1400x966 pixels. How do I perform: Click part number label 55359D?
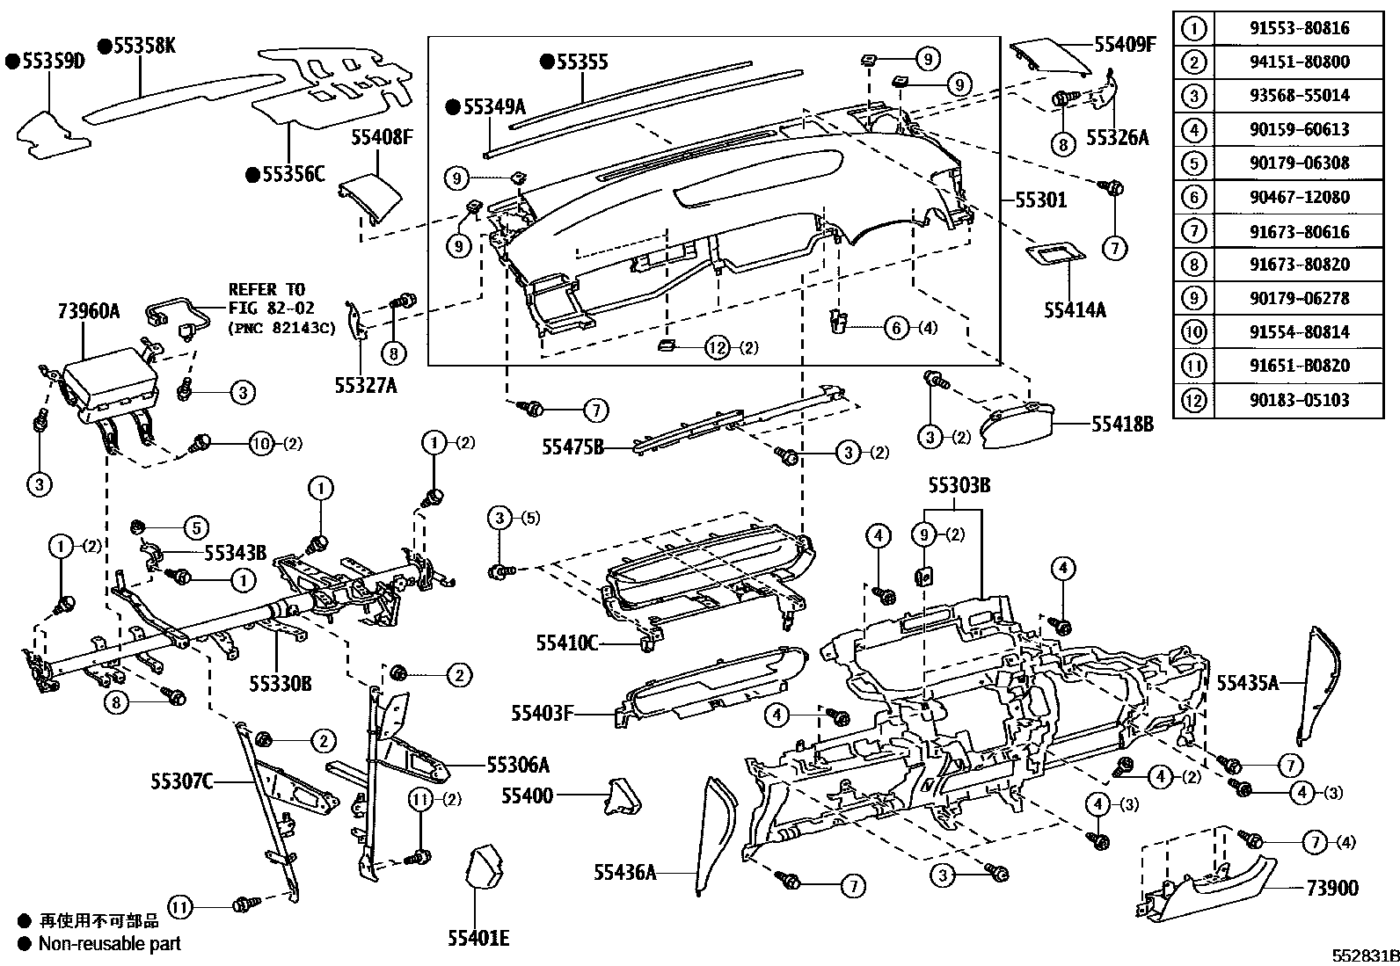pyautogui.click(x=51, y=62)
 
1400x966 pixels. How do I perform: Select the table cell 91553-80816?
pyautogui.click(x=1299, y=28)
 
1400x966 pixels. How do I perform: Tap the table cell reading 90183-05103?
pyautogui.click(x=1299, y=400)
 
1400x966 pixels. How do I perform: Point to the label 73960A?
pyautogui.click(x=89, y=310)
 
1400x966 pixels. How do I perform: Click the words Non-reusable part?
pyautogui.click(x=109, y=943)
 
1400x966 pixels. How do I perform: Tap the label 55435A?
pyautogui.click(x=1248, y=682)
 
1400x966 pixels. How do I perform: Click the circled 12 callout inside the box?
pyautogui.click(x=718, y=348)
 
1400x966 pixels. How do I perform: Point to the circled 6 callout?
pyautogui.click(x=895, y=328)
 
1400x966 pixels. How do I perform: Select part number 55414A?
pyautogui.click(x=1075, y=309)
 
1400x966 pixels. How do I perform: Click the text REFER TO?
pyautogui.click(x=266, y=289)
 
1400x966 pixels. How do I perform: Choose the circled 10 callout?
pyautogui.click(x=262, y=444)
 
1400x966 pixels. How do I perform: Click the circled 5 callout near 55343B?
pyautogui.click(x=195, y=527)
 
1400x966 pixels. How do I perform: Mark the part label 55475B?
pyautogui.click(x=572, y=447)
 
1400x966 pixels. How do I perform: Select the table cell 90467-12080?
pyautogui.click(x=1299, y=197)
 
